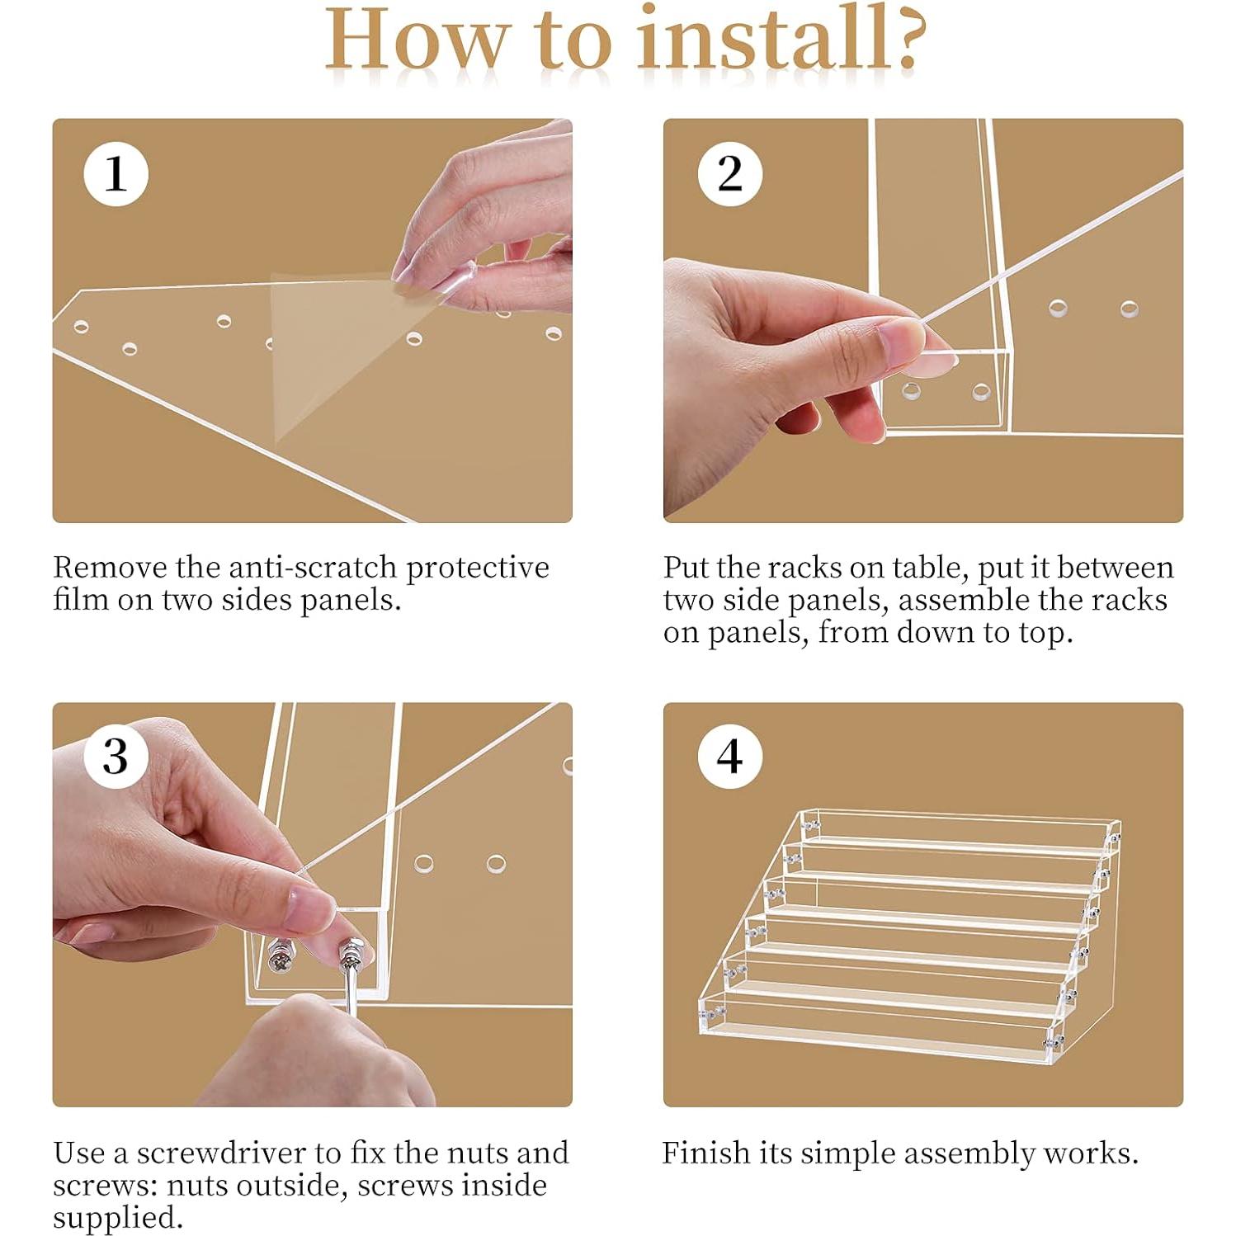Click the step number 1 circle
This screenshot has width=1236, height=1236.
coord(116,174)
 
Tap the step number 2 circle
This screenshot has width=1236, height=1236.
coord(729,174)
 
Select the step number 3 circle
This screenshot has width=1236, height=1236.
coord(116,757)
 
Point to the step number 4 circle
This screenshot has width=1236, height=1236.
coord(729,757)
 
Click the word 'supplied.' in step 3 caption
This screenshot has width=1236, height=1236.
coord(117,1219)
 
